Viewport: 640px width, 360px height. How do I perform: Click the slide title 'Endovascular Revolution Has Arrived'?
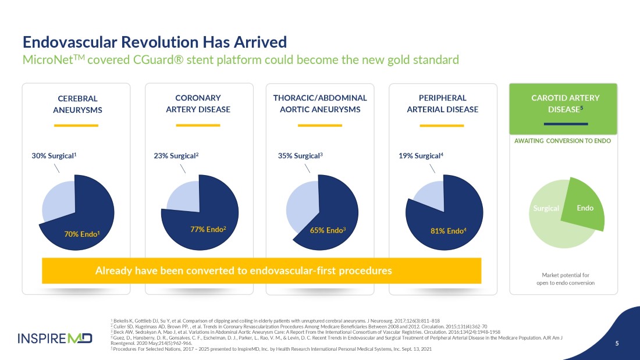(x=154, y=42)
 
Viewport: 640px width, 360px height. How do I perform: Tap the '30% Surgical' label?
(x=54, y=155)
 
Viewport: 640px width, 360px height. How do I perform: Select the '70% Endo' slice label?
(x=81, y=234)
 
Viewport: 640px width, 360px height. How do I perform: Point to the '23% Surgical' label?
(x=176, y=155)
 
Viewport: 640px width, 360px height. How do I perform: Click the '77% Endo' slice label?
(x=208, y=229)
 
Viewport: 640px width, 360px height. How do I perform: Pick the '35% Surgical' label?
(x=300, y=155)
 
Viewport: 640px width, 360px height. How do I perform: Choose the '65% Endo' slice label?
(x=328, y=230)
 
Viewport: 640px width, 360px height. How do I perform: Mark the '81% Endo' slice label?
(x=448, y=231)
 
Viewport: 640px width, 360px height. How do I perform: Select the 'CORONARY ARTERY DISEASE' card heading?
(x=198, y=104)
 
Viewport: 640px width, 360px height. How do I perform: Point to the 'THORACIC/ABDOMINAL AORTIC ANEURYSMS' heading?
(x=320, y=104)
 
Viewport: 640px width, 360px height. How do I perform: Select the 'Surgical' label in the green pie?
(x=546, y=208)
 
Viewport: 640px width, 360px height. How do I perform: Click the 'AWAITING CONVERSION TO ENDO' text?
(x=563, y=141)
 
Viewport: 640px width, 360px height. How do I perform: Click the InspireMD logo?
(x=55, y=338)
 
